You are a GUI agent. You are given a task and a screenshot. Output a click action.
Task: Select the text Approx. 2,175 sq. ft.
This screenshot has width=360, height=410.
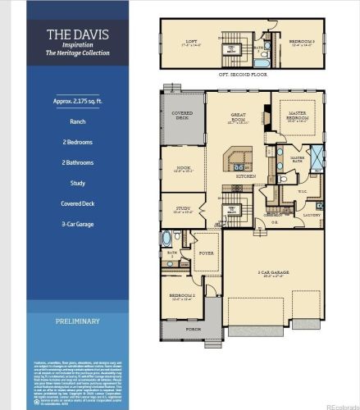tap(76, 101)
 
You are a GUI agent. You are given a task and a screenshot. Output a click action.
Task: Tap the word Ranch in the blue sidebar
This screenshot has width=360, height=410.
tap(76, 121)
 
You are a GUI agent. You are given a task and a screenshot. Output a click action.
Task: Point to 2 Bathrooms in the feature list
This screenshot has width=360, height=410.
tap(76, 162)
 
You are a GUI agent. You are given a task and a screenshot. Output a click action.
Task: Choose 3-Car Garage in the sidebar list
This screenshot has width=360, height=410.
tap(76, 223)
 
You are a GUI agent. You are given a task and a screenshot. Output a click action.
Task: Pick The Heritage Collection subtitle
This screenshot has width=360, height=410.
tap(76, 53)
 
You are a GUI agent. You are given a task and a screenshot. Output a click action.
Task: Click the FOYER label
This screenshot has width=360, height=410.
tap(206, 253)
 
